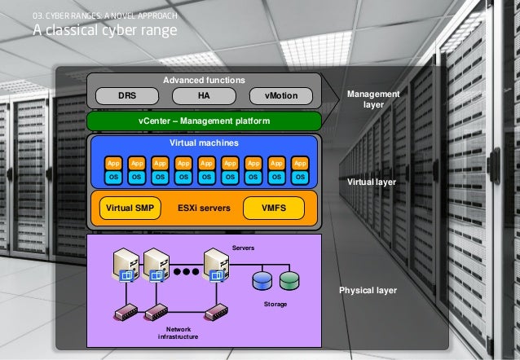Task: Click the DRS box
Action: click(x=128, y=96)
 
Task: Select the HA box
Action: click(x=204, y=96)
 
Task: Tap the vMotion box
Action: click(x=280, y=96)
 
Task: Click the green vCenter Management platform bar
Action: click(x=204, y=122)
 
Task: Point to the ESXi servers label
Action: click(x=204, y=208)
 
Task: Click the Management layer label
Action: click(x=373, y=100)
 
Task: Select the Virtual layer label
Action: click(x=372, y=182)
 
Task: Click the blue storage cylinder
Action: click(x=262, y=282)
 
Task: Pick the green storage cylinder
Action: click(x=290, y=282)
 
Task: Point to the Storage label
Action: click(x=275, y=304)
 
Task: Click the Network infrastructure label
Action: click(x=178, y=332)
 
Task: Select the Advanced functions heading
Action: click(x=204, y=80)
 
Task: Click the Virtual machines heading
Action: click(x=204, y=143)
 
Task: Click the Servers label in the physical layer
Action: click(x=244, y=246)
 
